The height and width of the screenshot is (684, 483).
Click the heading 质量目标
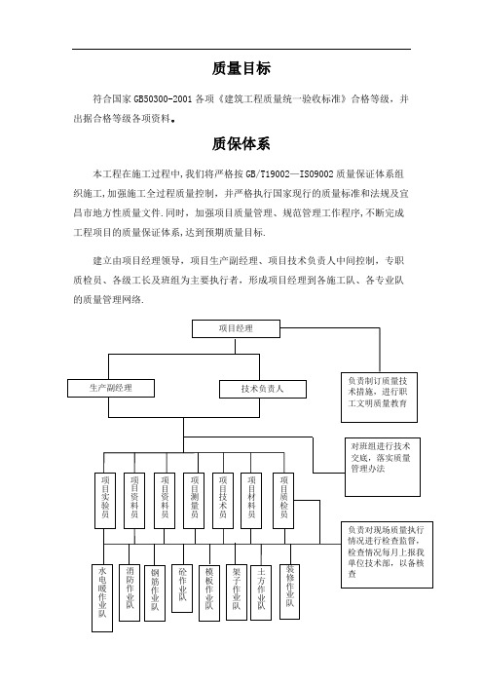[241, 68]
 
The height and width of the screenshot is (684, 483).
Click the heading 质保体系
[241, 143]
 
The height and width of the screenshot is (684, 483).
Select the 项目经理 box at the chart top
[236, 328]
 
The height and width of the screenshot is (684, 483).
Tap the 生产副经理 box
[111, 388]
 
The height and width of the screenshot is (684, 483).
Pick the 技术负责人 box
[262, 389]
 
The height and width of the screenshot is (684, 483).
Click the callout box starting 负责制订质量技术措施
[379, 397]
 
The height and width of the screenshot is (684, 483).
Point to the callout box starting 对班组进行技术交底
[383, 467]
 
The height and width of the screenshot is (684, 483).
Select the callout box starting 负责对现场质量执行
[387, 554]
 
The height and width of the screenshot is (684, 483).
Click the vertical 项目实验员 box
[105, 501]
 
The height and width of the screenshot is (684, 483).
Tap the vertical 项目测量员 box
[194, 501]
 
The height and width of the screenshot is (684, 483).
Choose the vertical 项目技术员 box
[223, 501]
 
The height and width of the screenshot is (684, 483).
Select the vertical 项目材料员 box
[251, 501]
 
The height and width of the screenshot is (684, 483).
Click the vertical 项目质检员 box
[283, 501]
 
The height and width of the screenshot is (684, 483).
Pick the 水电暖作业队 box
[102, 598]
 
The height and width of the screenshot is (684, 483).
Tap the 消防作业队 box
[130, 592]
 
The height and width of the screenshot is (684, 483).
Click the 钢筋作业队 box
[155, 592]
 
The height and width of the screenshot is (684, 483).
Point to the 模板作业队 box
[209, 592]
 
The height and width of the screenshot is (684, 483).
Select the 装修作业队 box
[289, 591]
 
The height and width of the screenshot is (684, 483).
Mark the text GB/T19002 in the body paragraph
[268, 174]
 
